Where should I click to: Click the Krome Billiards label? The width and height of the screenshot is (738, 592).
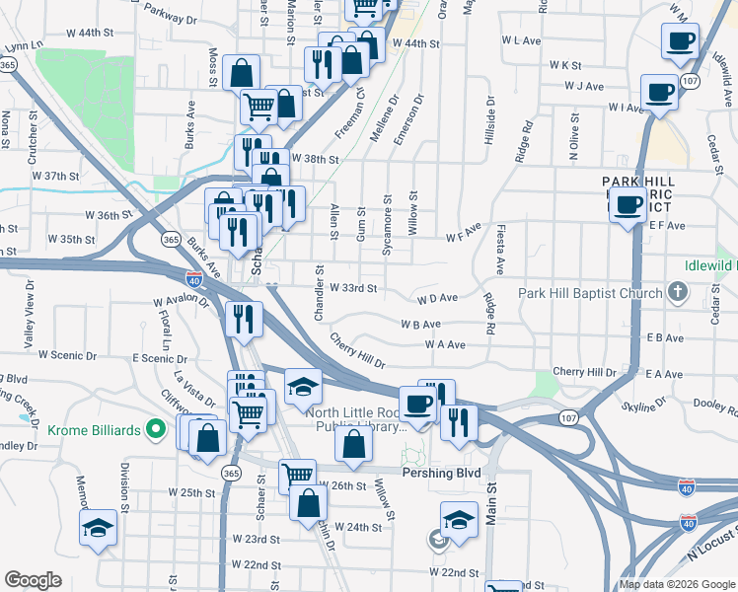99,429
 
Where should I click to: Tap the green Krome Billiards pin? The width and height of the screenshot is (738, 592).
154,429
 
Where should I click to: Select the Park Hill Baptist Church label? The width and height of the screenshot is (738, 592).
591,293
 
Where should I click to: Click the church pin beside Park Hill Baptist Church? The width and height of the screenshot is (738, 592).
676,292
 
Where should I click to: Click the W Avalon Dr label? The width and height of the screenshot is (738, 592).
181,303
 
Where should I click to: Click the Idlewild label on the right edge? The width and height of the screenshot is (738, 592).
712,266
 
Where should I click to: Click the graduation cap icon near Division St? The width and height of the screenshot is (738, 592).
98,527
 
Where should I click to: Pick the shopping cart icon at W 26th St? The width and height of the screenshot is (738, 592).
296,476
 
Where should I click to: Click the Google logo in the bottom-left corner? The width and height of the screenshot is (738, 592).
34,580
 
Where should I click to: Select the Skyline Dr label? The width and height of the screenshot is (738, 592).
644,406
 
